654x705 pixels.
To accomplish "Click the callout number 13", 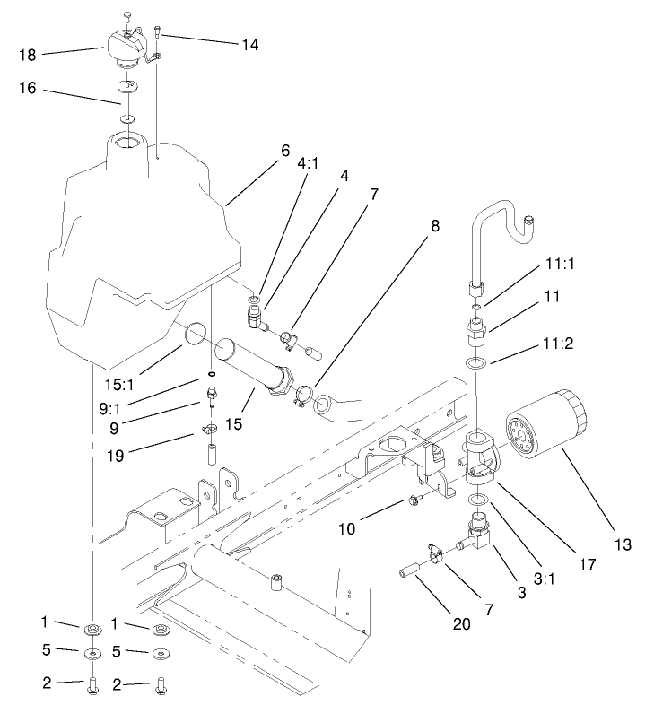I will click(x=623, y=544).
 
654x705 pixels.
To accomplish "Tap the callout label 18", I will click(x=28, y=56).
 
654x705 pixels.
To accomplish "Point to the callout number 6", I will click(x=285, y=151).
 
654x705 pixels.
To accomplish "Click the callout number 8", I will click(x=435, y=226).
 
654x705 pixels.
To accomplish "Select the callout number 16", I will click(x=29, y=92).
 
